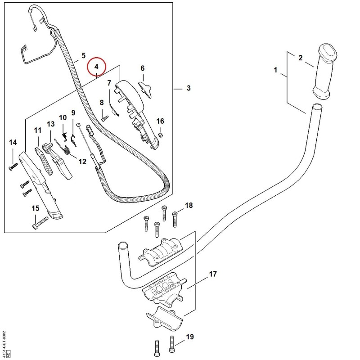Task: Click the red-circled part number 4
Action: pos(96,67)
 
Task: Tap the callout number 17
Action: pos(213,274)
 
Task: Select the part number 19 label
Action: pos(190,337)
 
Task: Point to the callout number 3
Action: pos(189,88)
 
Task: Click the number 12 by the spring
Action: pos(82,162)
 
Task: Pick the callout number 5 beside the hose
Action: pos(83,55)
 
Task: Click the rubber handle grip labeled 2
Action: pos(325,72)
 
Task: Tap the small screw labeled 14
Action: pos(13,166)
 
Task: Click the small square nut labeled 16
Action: pos(161,135)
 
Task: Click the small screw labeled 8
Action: pos(103,119)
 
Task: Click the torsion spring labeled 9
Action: pos(73,140)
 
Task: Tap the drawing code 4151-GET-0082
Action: pos(4,344)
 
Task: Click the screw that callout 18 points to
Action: pos(175,220)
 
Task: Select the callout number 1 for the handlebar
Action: pos(276,70)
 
